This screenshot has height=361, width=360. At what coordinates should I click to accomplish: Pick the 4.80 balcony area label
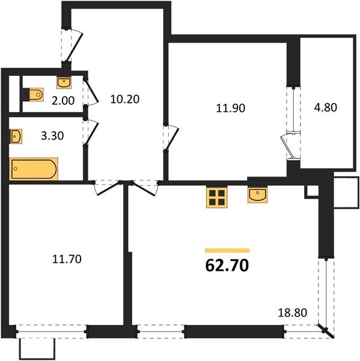click(326, 109)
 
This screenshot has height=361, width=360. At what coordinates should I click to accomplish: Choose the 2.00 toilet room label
click(63, 101)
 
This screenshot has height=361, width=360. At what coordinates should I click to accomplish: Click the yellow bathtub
click(34, 169)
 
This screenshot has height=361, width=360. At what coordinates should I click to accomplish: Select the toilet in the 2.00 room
click(35, 94)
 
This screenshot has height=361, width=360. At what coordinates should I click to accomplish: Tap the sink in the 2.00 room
click(64, 82)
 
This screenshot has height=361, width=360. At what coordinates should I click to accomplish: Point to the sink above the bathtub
click(17, 137)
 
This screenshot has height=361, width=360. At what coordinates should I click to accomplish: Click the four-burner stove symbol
click(216, 197)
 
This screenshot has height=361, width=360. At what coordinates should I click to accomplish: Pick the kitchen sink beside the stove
click(257, 196)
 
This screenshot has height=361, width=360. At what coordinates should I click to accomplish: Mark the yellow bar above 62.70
click(227, 250)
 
